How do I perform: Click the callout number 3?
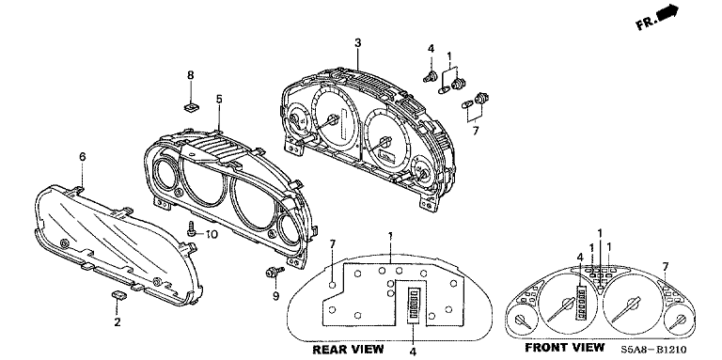[x=358, y=43]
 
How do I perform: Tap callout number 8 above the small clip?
[x=191, y=75]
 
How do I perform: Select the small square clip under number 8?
[x=191, y=107]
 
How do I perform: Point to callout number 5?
[x=219, y=99]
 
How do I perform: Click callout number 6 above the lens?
[x=83, y=157]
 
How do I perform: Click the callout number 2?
[x=118, y=322]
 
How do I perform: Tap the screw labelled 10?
[x=191, y=228]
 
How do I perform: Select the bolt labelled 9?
[x=274, y=273]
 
